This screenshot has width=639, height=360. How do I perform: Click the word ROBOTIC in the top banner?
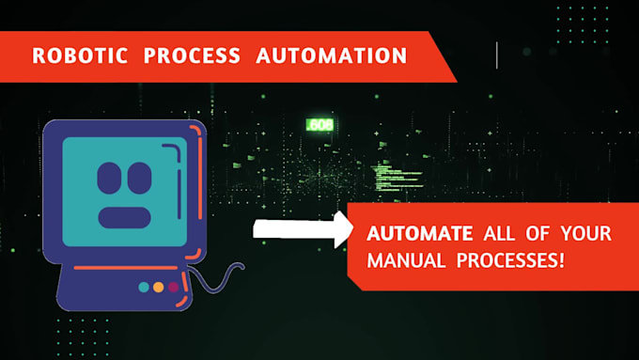click(x=79, y=55)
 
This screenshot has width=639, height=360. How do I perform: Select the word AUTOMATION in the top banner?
click(x=331, y=55)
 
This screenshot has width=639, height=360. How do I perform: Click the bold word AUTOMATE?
click(x=420, y=232)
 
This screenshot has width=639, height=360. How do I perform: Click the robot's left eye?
click(x=110, y=176)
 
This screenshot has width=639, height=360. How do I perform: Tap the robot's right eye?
click(x=139, y=176)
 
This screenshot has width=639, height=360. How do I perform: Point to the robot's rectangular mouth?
click(x=124, y=217)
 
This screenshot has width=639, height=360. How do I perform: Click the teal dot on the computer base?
click(x=143, y=287)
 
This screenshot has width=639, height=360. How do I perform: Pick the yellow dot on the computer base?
click(x=158, y=287)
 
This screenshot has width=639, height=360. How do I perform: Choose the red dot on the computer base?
click(x=173, y=287)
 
